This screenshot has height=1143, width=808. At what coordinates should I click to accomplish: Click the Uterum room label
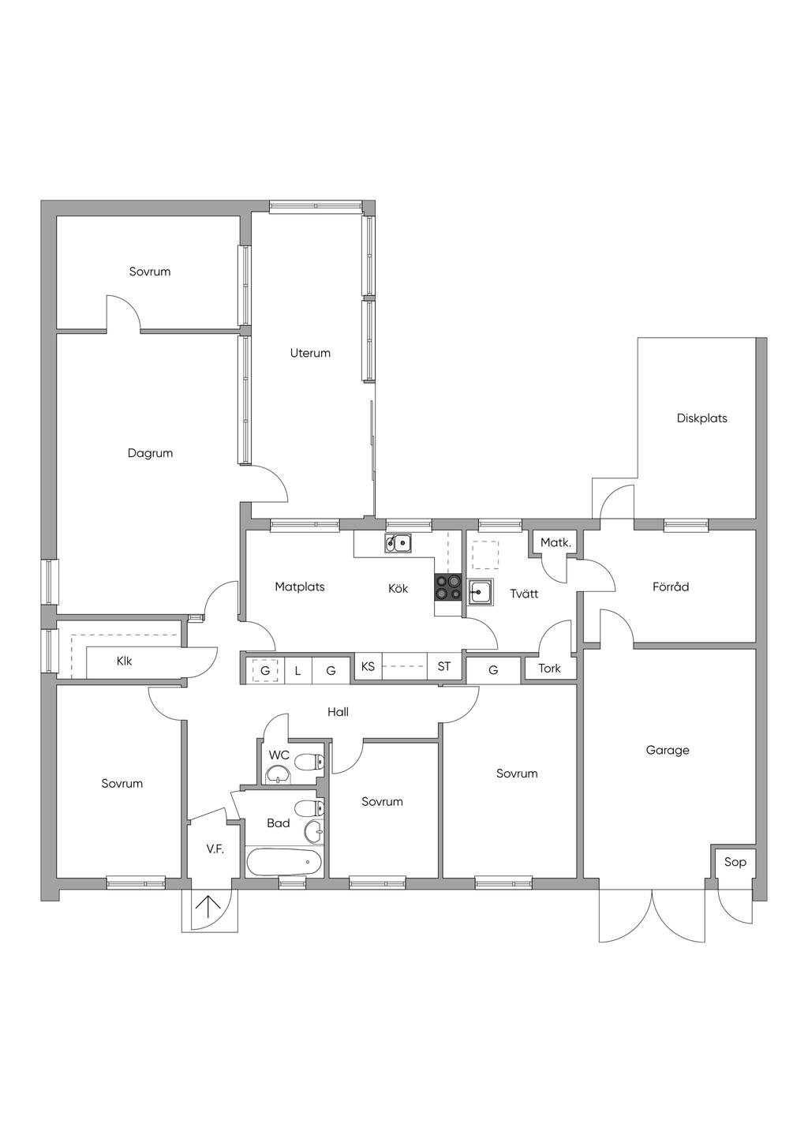click(x=310, y=353)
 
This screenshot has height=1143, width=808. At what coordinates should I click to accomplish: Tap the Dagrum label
click(x=150, y=453)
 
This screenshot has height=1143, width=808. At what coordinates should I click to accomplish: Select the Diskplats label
click(x=701, y=418)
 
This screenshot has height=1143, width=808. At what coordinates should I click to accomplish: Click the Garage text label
click(x=668, y=751)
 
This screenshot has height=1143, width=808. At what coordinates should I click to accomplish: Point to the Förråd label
click(x=671, y=586)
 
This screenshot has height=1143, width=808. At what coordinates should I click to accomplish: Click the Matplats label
click(x=300, y=586)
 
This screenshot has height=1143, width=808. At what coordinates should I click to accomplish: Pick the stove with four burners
click(x=448, y=588)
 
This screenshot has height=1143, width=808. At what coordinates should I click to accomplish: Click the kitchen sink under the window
click(x=398, y=542)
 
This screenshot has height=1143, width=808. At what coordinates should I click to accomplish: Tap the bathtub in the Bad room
click(x=284, y=861)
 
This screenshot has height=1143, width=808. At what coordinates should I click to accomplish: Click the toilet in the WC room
click(x=315, y=762)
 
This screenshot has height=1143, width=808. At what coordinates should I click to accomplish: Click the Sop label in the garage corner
click(x=735, y=862)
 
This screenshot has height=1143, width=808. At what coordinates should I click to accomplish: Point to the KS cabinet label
click(x=368, y=666)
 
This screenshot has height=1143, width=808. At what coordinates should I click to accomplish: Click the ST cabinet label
click(x=444, y=666)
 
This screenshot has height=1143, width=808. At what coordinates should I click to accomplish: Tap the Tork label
click(x=549, y=669)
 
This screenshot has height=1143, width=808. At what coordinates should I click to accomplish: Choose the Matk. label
click(x=555, y=543)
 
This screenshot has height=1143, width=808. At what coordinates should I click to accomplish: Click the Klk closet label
click(x=124, y=661)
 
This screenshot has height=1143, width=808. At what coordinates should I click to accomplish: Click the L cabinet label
click(x=297, y=671)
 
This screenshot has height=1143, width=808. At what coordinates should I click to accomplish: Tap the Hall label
click(x=338, y=712)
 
